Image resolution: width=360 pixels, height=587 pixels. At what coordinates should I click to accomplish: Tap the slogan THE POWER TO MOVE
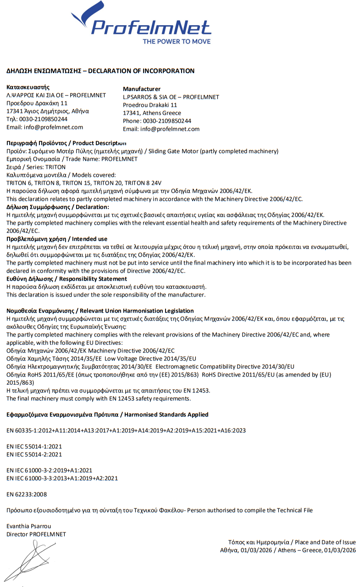[x=177, y=42]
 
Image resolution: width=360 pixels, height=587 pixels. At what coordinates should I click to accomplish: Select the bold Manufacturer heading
[x=142, y=89]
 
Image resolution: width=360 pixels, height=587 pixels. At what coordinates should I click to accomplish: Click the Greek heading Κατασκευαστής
[x=28, y=87]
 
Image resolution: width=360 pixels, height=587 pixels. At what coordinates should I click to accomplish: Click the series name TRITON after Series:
[x=55, y=167]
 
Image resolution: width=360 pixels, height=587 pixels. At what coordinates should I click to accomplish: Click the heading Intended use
[x=90, y=239]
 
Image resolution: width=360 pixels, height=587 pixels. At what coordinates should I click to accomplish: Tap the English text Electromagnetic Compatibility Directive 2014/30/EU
[x=225, y=366]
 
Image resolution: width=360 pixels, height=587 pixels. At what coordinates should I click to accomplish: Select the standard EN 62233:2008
[x=27, y=494]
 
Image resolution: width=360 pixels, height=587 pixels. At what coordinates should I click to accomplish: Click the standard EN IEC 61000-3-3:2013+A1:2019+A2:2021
[x=62, y=478]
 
